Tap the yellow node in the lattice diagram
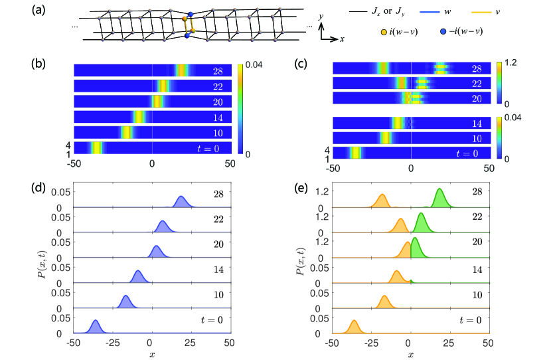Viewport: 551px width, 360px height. (x=186, y=19)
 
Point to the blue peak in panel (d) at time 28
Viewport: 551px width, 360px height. (x=180, y=202)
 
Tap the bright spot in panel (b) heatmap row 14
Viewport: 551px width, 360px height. (x=139, y=116)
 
